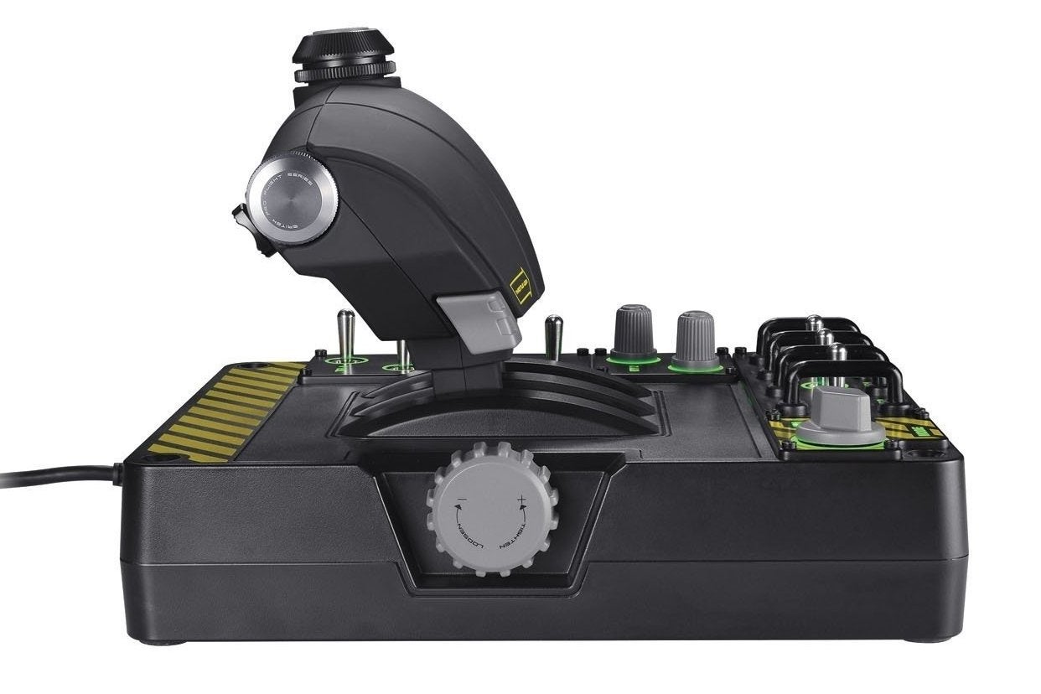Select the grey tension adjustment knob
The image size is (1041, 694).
(x=492, y=509)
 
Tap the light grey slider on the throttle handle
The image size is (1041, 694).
(x=485, y=322)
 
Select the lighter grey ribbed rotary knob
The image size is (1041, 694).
(x=696, y=338)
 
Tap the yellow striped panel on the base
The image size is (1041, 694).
(x=222, y=412)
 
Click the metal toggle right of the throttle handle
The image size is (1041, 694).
(x=552, y=335)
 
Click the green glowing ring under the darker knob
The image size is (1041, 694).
(x=633, y=360)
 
